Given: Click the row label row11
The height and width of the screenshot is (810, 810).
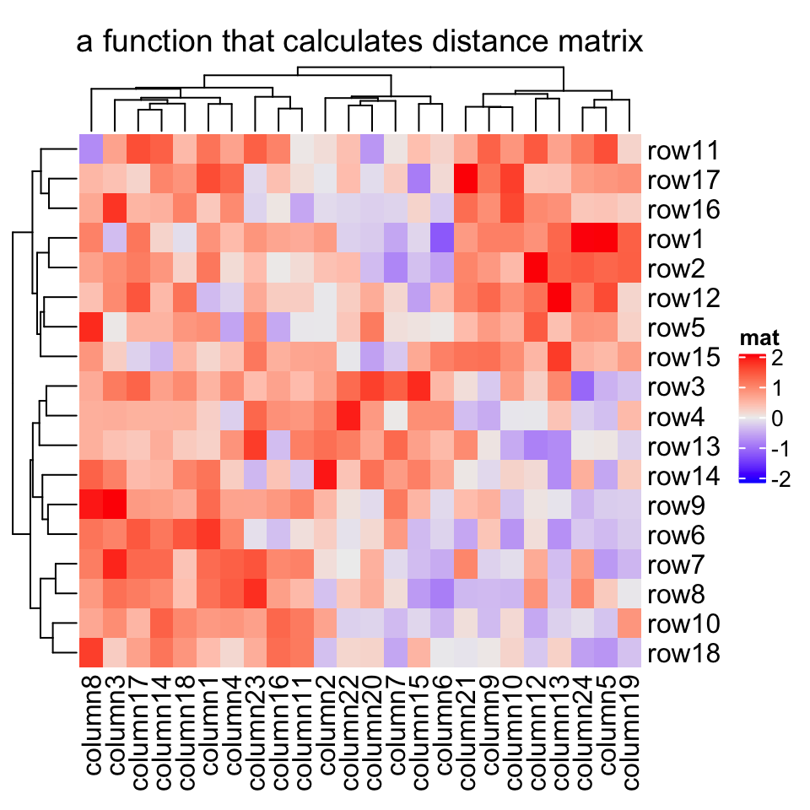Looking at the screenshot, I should point(682,152).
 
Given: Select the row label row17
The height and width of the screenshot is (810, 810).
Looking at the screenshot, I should point(682,181).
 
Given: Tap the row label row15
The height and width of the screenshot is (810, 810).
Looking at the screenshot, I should point(682,358).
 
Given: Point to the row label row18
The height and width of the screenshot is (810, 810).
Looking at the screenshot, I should point(682,654).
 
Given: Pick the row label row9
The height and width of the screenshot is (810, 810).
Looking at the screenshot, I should point(676,506).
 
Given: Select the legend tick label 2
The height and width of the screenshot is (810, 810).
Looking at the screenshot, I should point(775,359).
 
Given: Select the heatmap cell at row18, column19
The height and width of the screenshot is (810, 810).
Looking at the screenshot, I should point(629,652).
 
